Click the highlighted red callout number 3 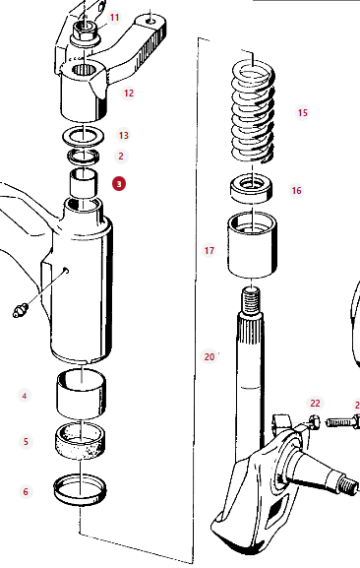click(x=119, y=184)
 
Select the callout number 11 click(x=115, y=18)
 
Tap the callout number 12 click(x=129, y=94)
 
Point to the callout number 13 click(x=123, y=135)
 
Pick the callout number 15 click(x=303, y=112)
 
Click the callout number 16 click(x=296, y=191)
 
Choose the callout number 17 click(x=210, y=250)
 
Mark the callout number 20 click(x=210, y=356)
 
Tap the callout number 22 click(x=315, y=404)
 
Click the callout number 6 click(x=26, y=491)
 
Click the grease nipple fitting click(x=21, y=310)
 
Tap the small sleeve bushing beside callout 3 click(x=84, y=183)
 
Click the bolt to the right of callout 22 click(x=343, y=422)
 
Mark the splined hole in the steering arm click(x=84, y=69)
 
